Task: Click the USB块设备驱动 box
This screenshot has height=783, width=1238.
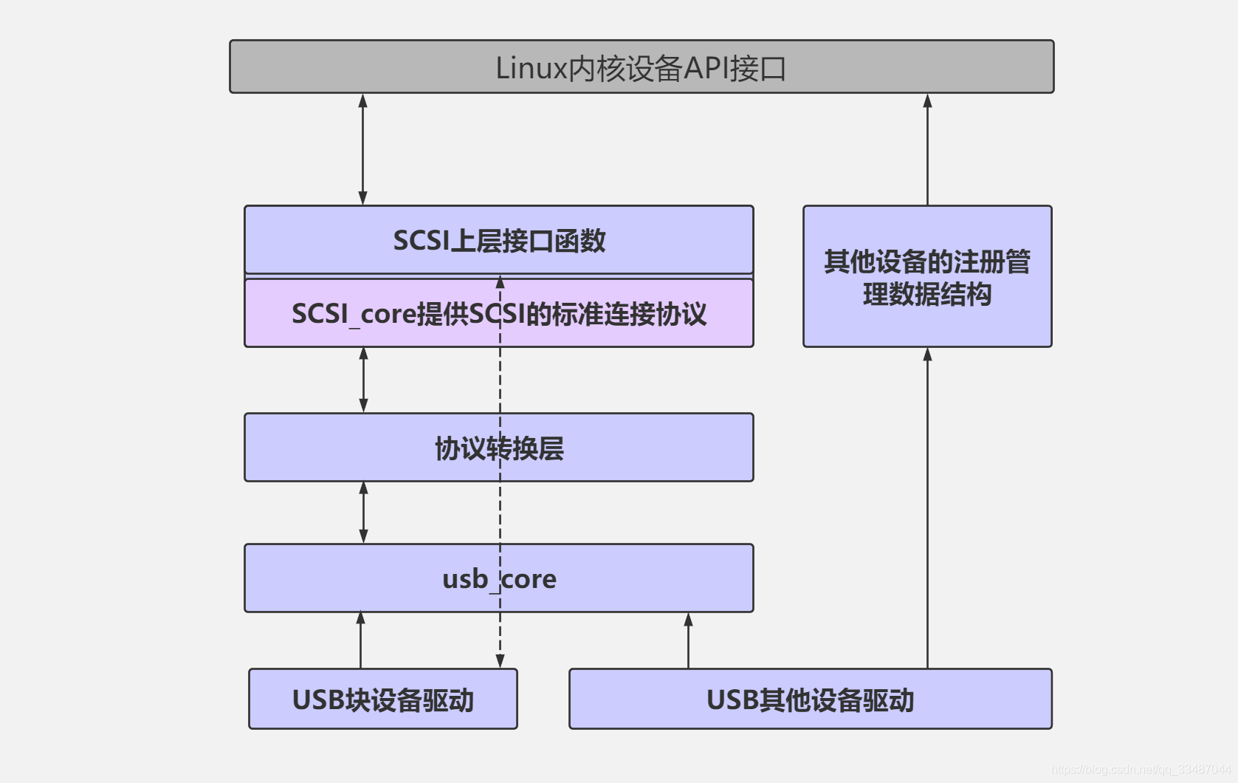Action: coord(382,699)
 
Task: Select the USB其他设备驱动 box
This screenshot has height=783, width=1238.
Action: coord(810,699)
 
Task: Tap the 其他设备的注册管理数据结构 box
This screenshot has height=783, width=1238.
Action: coord(927,277)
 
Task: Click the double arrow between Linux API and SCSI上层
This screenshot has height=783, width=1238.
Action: coord(362,149)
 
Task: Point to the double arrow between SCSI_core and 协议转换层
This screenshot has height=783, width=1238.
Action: coord(363,380)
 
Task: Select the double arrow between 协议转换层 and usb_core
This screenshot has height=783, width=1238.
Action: coord(363,513)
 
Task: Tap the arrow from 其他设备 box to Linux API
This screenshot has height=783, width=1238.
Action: coord(927,149)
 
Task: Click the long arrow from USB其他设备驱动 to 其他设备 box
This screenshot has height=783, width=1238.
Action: coord(927,510)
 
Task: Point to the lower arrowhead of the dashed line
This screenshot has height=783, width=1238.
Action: coord(500,660)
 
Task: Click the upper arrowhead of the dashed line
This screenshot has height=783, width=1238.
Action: coord(500,283)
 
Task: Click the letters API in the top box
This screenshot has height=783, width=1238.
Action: coord(706,68)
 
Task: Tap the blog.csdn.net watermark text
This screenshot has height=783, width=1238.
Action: coord(1141,769)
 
